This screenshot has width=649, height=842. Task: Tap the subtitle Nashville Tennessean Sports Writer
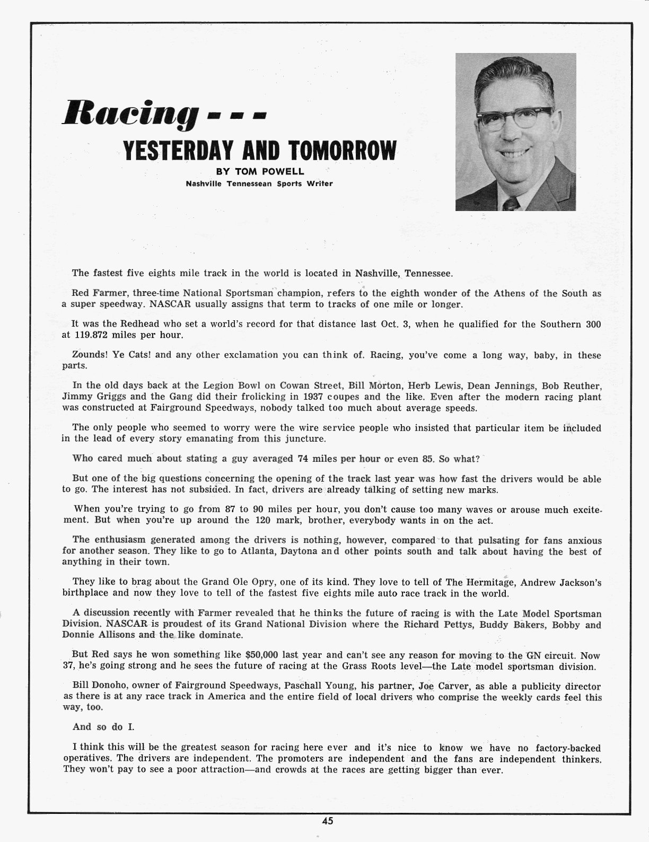click(x=259, y=185)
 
